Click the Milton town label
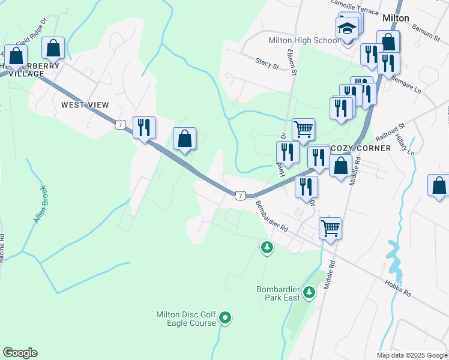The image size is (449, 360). coord(396,18)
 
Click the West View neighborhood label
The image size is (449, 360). coord(85,105)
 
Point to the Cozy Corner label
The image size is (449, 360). coord(361,148)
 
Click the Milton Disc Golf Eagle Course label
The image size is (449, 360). coord(185,319)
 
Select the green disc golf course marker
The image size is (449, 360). coord(225,317)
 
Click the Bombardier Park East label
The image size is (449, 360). coord(278,293)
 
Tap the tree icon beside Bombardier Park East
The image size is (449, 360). coord(309,293)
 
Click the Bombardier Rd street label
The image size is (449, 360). coord(273,218)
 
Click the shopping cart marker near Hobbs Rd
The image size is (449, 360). coord(330,228)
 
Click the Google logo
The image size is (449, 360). coord(20,353)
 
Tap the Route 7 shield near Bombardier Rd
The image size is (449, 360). coord(240,196)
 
